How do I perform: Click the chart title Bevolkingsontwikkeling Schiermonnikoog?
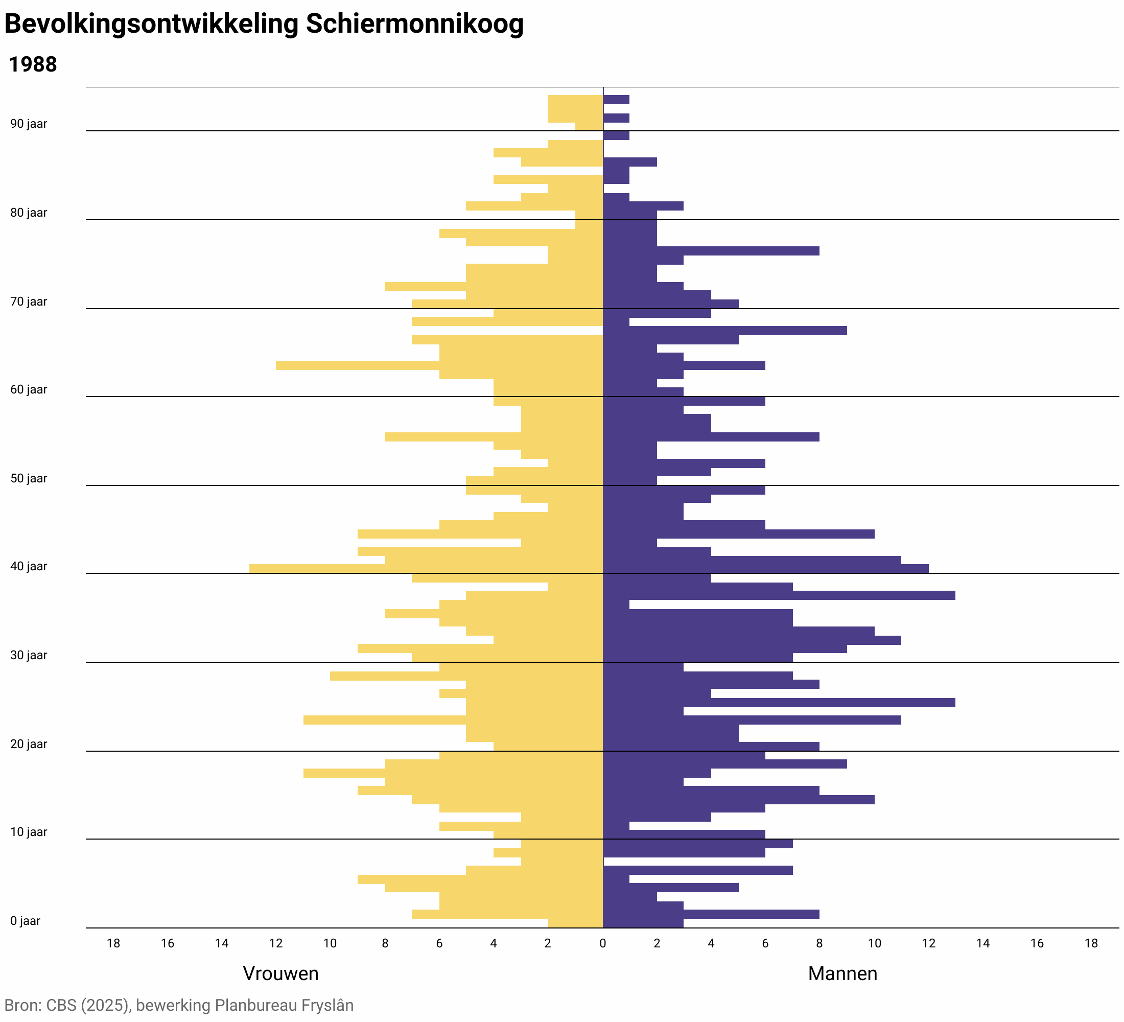[x=264, y=25]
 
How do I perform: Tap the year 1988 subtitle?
[x=33, y=65]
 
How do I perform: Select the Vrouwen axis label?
[x=280, y=973]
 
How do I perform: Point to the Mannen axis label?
[x=842, y=973]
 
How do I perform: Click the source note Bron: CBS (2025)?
[x=178, y=1005]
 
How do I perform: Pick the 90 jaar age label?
[x=29, y=124]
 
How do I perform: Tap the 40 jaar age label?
[x=29, y=567]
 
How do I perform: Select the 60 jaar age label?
[x=29, y=390]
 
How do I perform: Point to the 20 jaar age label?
[x=29, y=745]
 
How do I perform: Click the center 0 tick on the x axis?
[x=602, y=943]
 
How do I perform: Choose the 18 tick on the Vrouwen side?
[x=113, y=943]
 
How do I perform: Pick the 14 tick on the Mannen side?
[x=982, y=943]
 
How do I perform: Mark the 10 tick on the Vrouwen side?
[x=330, y=943]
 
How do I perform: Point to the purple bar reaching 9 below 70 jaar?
[x=781, y=331]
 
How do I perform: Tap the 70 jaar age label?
[x=29, y=301]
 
